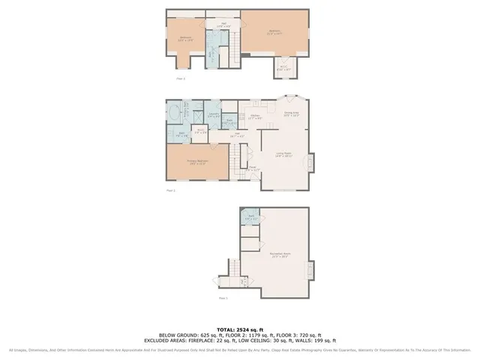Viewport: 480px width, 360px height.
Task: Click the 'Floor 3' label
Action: click(180, 78)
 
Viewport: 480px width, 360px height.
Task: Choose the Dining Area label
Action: click(292, 115)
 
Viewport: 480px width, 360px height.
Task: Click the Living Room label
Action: click(283, 155)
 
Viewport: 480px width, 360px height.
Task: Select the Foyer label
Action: click(253, 168)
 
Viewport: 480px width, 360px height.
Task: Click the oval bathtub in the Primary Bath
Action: click(173, 114)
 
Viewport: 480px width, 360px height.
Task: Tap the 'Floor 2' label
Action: click(170, 191)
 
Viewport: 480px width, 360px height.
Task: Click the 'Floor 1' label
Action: click(223, 298)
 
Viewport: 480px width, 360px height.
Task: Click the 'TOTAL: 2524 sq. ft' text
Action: click(240, 329)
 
